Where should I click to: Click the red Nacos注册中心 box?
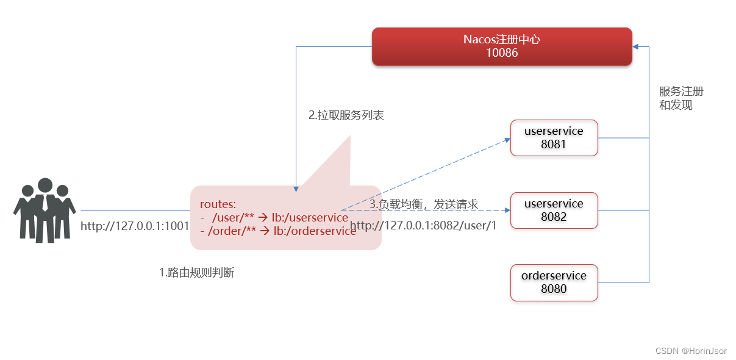click(502, 46)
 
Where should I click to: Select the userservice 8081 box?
click(554, 137)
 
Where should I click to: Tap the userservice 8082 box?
click(554, 210)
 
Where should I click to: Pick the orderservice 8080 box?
click(554, 282)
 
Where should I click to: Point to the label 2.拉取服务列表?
click(346, 115)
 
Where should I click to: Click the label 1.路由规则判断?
click(196, 273)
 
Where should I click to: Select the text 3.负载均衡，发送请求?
click(424, 204)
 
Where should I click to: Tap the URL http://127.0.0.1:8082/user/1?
click(424, 226)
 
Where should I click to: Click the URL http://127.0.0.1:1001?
click(135, 226)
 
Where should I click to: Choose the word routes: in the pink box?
click(218, 204)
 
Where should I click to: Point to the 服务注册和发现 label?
click(681, 98)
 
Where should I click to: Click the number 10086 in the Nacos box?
click(502, 53)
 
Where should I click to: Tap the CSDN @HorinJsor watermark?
click(691, 351)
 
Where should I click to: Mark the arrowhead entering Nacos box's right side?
click(636, 46)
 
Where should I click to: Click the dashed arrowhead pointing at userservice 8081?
click(507, 140)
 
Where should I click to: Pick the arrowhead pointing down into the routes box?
click(296, 188)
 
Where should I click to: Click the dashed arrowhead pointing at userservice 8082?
click(507, 210)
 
